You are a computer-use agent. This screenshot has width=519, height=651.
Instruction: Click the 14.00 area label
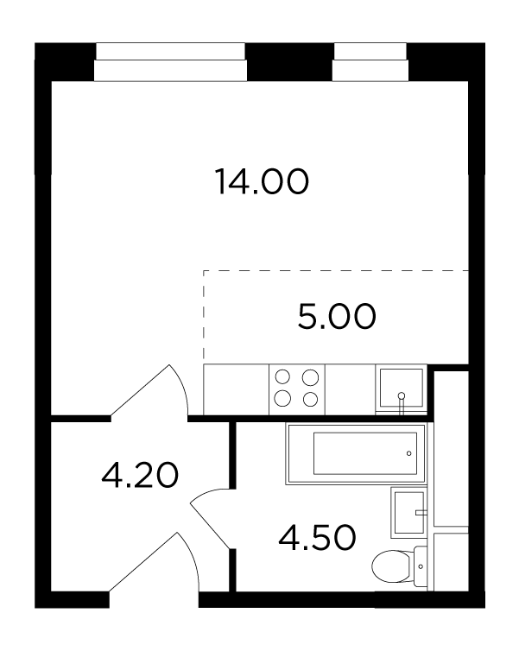click(x=262, y=181)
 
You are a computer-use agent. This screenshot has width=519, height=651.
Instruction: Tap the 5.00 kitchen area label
click(x=337, y=316)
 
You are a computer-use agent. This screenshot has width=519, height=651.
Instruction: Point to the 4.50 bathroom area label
click(x=317, y=538)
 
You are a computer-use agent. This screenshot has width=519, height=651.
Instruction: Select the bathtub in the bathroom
click(x=357, y=453)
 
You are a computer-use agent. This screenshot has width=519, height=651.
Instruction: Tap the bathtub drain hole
click(x=409, y=453)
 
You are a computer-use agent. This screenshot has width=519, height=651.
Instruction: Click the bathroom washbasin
click(x=409, y=512)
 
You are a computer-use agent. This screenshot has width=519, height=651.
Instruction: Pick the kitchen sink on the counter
click(x=401, y=388)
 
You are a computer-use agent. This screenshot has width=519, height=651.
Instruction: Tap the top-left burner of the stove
click(x=282, y=377)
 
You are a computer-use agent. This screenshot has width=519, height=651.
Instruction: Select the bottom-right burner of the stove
click(x=311, y=400)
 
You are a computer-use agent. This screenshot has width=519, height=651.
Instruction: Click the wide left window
click(x=171, y=62)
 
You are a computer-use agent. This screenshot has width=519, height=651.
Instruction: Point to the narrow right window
click(x=370, y=62)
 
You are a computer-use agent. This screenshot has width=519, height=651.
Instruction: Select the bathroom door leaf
click(x=210, y=525)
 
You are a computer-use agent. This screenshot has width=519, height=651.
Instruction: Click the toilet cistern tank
click(x=421, y=566)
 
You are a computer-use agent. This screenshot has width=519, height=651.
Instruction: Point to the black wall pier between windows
click(x=290, y=62)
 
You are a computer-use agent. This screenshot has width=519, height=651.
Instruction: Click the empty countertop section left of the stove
click(x=237, y=389)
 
